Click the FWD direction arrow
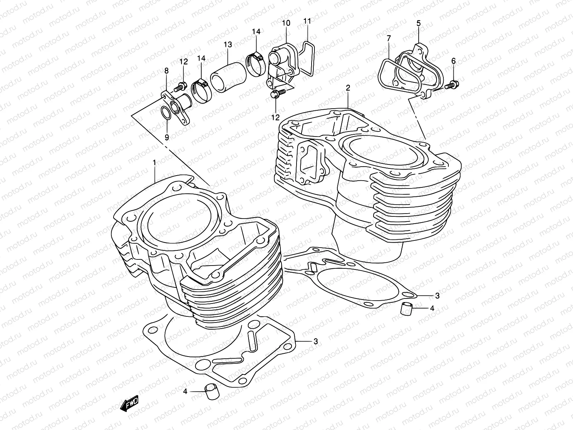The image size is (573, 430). [x=130, y=405]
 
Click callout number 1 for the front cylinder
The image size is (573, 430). [x=154, y=163]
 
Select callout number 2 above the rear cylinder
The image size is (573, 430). [x=347, y=87]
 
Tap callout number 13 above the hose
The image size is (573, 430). [x=228, y=45]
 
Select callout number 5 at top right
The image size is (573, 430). [x=418, y=24]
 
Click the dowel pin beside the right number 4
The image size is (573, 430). [x=406, y=308]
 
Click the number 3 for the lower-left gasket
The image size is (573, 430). [x=315, y=341]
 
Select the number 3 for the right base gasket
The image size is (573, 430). [x=437, y=296]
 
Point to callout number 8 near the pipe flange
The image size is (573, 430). [x=166, y=71]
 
